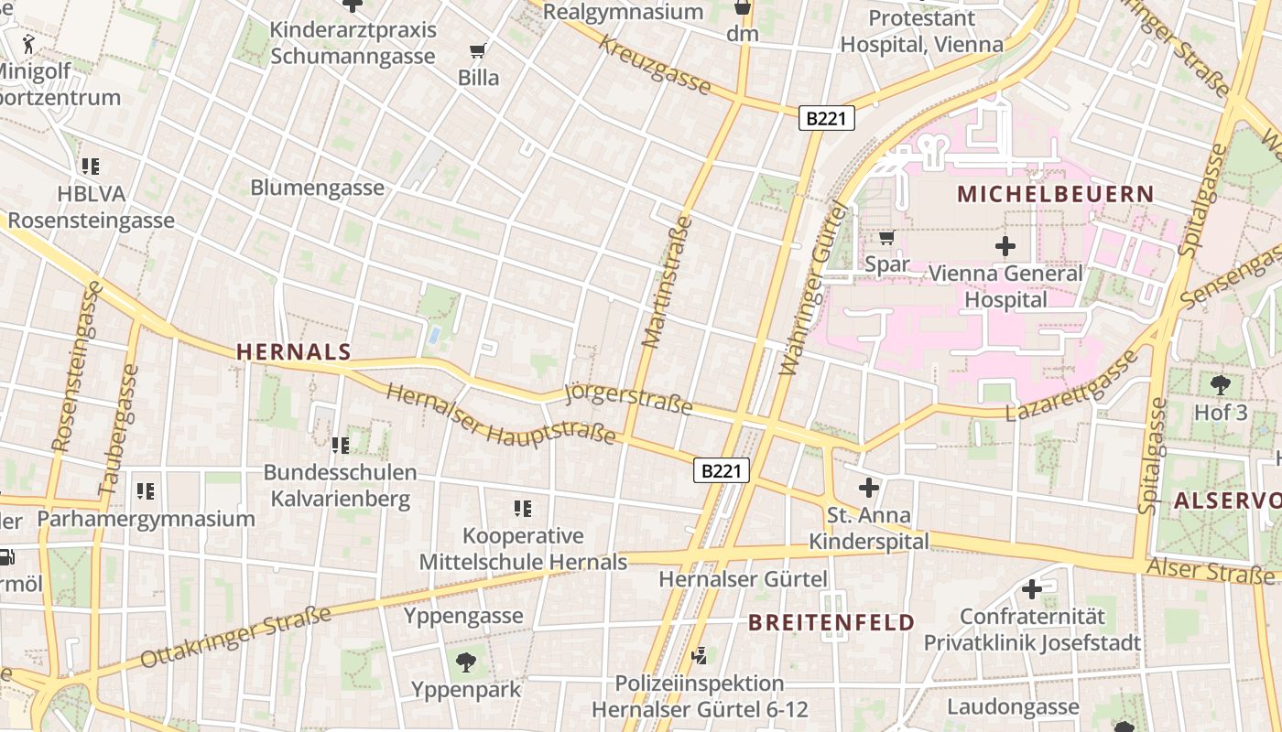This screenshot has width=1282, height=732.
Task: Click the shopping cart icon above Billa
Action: tap(477, 50)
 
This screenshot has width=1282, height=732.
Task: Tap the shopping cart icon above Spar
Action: tap(886, 238)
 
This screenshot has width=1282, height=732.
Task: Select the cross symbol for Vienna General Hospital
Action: tap(1005, 245)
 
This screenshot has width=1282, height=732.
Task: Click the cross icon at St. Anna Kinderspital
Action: tap(868, 487)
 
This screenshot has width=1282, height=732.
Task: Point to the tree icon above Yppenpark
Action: tap(466, 661)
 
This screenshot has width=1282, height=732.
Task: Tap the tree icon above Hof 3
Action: tap(1220, 384)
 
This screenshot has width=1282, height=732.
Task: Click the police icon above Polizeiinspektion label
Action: tap(700, 655)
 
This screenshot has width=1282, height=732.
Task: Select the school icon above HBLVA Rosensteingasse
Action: tap(90, 167)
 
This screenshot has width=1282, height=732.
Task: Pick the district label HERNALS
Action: tap(294, 351)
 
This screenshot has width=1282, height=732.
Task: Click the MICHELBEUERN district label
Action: tap(1056, 194)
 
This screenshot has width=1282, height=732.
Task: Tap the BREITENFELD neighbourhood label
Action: tap(831, 623)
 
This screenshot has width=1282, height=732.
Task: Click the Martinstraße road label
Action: tap(667, 282)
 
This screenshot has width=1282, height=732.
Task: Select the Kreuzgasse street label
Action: tap(656, 66)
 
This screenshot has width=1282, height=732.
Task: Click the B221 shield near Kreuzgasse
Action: tap(827, 118)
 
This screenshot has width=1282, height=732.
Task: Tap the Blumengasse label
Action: tap(318, 188)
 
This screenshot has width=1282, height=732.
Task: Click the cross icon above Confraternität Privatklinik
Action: tap(1032, 589)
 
